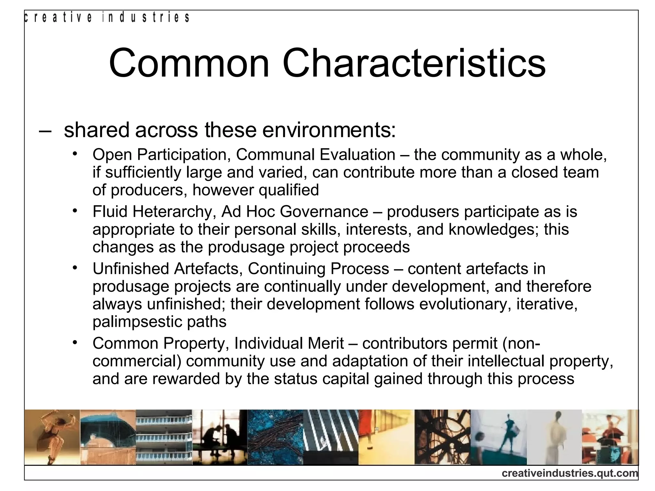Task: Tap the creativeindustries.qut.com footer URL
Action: (570, 473)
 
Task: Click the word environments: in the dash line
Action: (329, 130)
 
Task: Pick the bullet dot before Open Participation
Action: (75, 154)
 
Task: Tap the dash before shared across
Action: (45, 131)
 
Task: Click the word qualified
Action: (288, 190)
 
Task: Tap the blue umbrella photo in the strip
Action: (108, 437)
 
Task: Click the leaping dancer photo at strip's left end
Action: (52, 437)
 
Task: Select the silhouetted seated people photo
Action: (220, 437)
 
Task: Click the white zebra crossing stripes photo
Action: (330, 437)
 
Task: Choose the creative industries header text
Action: (107, 18)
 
